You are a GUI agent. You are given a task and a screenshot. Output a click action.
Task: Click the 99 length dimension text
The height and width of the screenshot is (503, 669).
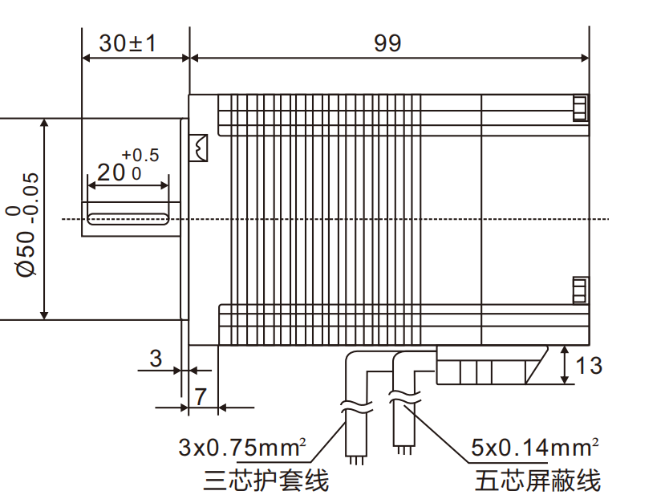pyautogui.click(x=387, y=43)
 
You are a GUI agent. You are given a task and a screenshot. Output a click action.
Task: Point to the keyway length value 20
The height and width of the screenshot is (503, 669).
pyautogui.click(x=112, y=172)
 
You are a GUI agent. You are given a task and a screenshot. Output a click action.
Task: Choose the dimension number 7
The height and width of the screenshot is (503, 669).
pyautogui.click(x=201, y=396)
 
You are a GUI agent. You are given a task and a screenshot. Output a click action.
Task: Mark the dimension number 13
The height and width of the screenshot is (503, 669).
pyautogui.click(x=589, y=366)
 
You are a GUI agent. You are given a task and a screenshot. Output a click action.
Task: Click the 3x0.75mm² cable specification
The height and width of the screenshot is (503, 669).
pyautogui.click(x=244, y=446)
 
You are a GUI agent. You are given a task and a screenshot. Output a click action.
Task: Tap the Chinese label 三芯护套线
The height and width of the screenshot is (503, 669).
pyautogui.click(x=266, y=481)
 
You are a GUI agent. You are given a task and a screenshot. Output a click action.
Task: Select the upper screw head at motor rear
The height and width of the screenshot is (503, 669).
pyautogui.click(x=579, y=108)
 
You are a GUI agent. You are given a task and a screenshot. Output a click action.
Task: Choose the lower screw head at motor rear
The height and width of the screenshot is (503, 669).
pyautogui.click(x=579, y=289)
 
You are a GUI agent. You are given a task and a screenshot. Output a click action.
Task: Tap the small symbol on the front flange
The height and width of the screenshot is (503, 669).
pyautogui.click(x=198, y=148)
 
